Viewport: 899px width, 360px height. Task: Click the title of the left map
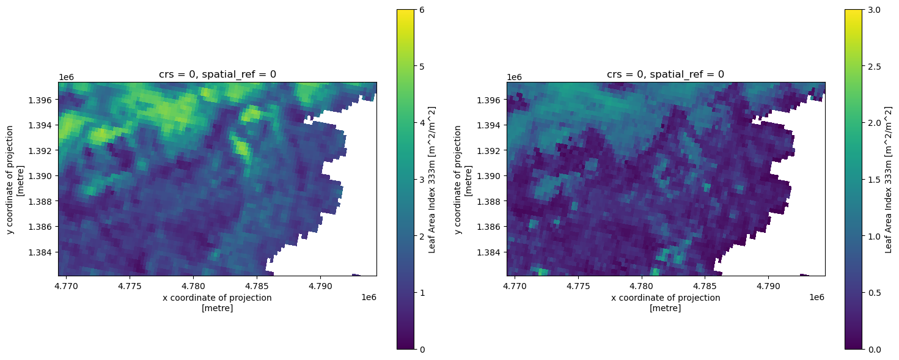point(218,75)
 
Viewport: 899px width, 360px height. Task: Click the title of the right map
point(666,75)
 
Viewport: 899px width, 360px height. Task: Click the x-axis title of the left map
point(217,303)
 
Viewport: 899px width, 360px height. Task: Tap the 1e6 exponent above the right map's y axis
point(515,77)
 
